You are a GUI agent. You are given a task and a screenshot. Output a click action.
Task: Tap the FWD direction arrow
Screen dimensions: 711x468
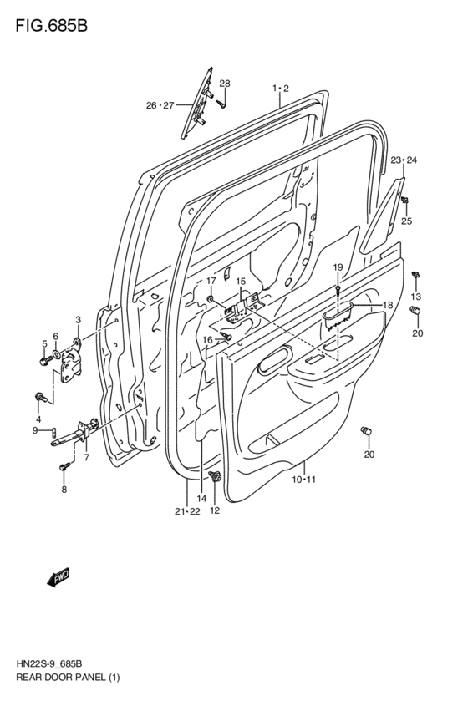58,577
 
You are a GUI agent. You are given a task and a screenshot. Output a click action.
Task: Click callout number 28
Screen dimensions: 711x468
224,84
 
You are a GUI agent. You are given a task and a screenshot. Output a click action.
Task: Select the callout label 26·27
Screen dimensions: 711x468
159,105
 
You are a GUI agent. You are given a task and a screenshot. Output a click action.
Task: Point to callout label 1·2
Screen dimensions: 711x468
280,88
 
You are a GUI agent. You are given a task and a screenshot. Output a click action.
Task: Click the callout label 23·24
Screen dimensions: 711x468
404,160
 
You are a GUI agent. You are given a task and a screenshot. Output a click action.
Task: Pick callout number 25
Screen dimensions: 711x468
407,221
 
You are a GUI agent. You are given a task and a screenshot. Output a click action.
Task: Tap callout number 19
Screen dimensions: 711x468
338,267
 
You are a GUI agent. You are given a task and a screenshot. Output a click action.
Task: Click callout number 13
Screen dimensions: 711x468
415,297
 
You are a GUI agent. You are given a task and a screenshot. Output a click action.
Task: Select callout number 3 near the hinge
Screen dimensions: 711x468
78,320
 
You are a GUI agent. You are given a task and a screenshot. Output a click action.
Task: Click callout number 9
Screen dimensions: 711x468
35,430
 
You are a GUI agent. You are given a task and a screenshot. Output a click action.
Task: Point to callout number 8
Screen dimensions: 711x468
64,490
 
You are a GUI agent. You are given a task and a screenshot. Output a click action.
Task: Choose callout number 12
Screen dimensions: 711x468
214,510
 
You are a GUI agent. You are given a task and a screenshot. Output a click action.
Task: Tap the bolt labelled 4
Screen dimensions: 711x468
39,396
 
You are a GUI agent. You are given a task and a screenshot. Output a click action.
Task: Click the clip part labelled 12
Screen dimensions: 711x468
216,478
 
